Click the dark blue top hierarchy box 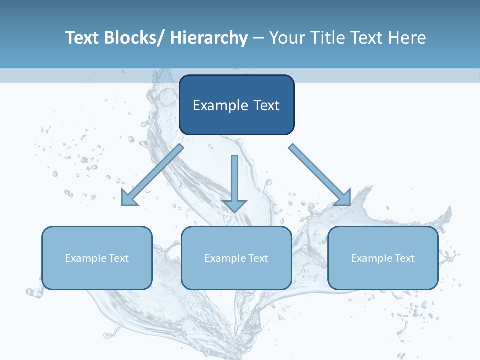pyautogui.click(x=236, y=105)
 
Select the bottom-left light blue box pyautogui.click(x=97, y=258)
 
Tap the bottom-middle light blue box pyautogui.click(x=236, y=258)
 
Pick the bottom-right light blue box pyautogui.click(x=383, y=258)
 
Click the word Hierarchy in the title pyautogui.click(x=209, y=38)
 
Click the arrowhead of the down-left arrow pyautogui.click(x=129, y=198)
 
